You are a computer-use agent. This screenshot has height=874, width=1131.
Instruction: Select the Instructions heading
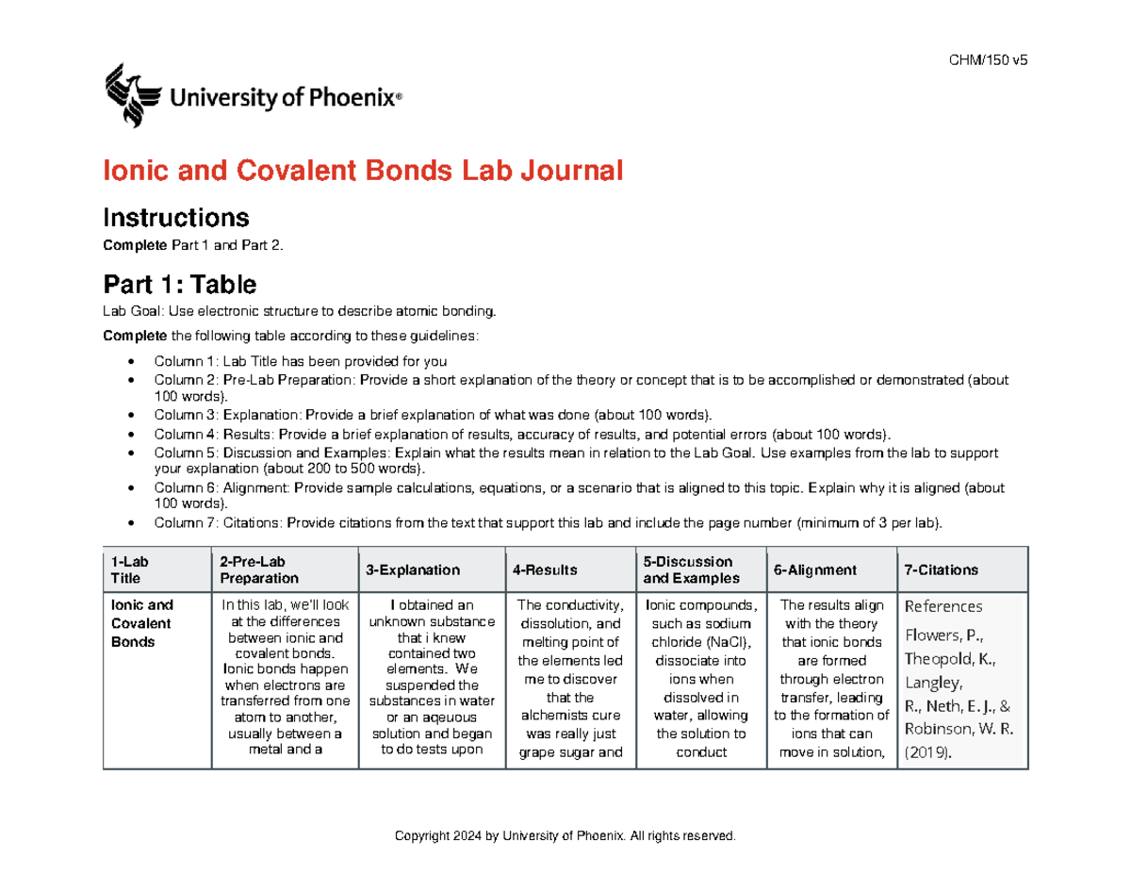click(x=176, y=219)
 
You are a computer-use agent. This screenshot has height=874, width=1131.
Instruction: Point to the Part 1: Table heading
click(x=180, y=284)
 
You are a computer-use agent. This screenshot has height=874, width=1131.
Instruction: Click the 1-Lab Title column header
click(x=129, y=569)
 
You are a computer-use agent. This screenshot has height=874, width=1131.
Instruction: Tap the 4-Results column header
click(x=545, y=570)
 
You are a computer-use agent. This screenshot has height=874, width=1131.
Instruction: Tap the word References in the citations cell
click(x=942, y=606)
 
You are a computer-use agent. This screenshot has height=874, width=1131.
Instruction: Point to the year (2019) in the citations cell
click(x=927, y=753)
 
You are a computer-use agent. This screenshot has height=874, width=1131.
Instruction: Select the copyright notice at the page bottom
click(x=565, y=837)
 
